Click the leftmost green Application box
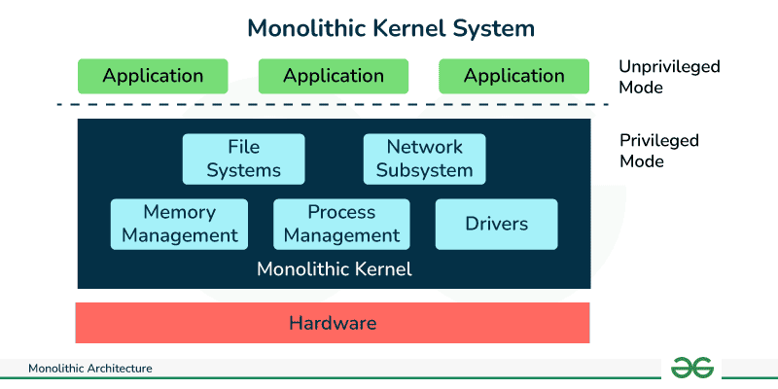(153, 76)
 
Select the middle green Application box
(334, 76)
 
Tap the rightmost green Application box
(513, 76)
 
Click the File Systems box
(243, 159)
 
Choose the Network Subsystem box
(424, 159)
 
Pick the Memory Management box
(179, 224)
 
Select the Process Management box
(341, 224)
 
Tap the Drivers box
(496, 224)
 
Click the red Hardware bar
(333, 323)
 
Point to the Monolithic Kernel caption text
(334, 269)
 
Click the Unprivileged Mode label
(669, 77)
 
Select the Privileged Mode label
(658, 151)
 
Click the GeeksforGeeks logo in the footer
(692, 368)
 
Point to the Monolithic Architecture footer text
(90, 370)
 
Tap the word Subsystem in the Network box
(424, 170)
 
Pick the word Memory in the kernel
(179, 211)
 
